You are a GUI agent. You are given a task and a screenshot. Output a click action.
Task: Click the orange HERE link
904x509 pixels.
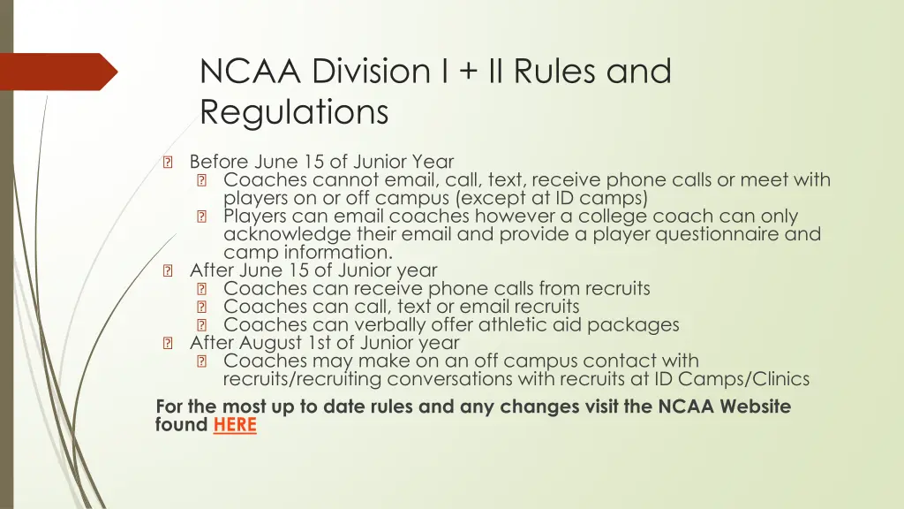234,425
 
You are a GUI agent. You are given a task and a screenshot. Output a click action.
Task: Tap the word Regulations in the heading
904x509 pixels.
294,113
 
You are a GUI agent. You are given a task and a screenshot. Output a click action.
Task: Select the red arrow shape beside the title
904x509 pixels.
58,72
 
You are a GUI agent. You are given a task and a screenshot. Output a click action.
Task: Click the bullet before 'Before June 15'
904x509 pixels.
168,163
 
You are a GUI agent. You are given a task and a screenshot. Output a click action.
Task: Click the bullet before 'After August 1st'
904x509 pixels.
168,343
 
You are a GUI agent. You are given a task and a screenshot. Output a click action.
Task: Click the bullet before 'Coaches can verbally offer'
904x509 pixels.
201,325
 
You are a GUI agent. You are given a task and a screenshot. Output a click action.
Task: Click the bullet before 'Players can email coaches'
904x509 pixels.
201,217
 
